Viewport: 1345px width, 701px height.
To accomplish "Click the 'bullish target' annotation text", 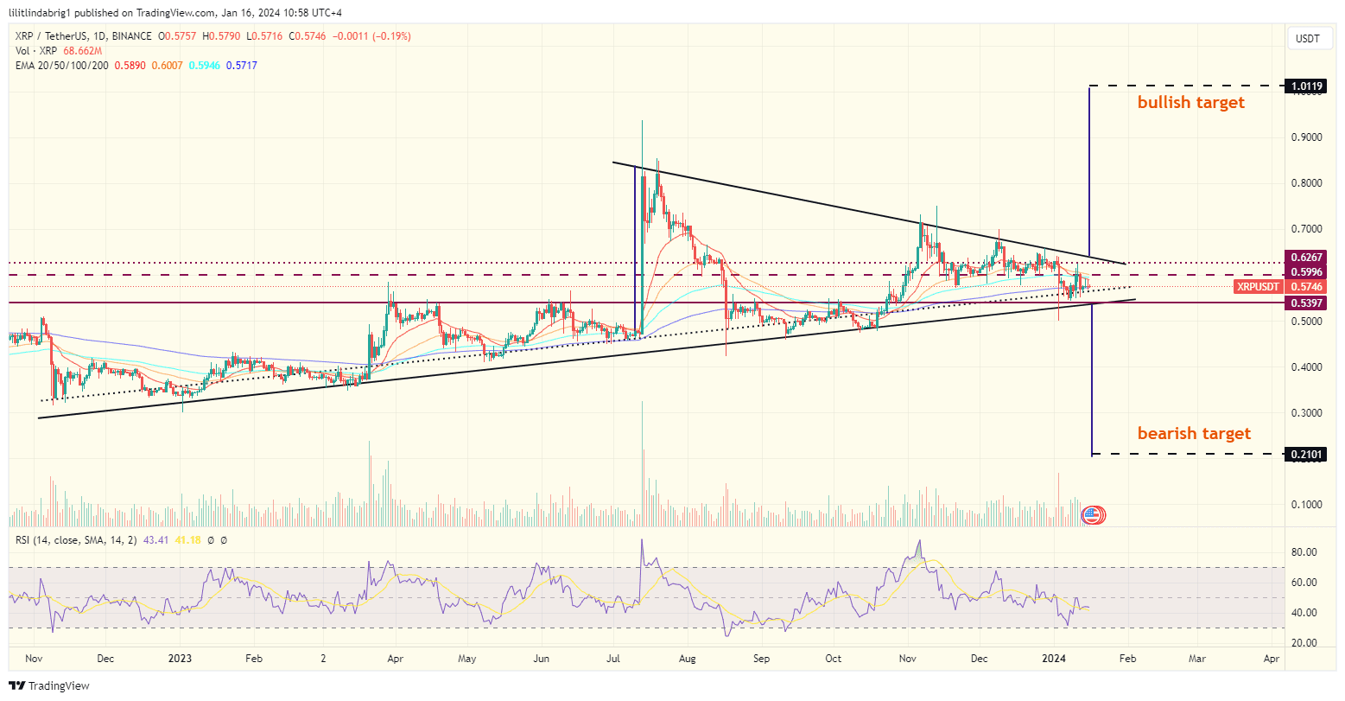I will coord(1190,103).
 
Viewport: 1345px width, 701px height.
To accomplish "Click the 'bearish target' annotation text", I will coord(1194,433).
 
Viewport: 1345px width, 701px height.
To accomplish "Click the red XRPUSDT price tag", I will coord(1258,287).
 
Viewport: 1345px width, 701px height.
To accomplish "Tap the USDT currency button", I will coord(1309,38).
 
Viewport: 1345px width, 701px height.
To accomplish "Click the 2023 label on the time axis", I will coord(180,659).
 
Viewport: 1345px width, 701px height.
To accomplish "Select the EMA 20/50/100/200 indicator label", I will coord(60,66).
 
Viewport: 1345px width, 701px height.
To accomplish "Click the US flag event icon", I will coord(1091,515).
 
